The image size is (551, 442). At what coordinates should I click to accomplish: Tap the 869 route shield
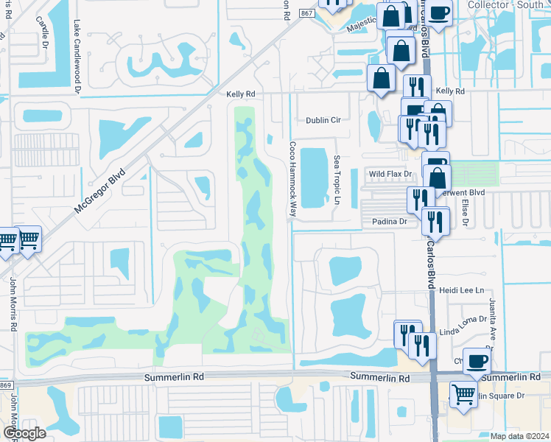[x=6, y=386]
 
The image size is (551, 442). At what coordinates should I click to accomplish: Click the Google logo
[x=24, y=433]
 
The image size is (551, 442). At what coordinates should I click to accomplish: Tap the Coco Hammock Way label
[x=292, y=179]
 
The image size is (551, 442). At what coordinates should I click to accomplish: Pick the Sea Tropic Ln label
[x=336, y=180]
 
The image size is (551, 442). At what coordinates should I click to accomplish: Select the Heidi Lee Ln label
[x=462, y=291]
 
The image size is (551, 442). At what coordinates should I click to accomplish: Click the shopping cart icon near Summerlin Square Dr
[x=463, y=394]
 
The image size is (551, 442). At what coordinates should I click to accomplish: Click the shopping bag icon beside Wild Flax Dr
[x=438, y=177]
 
